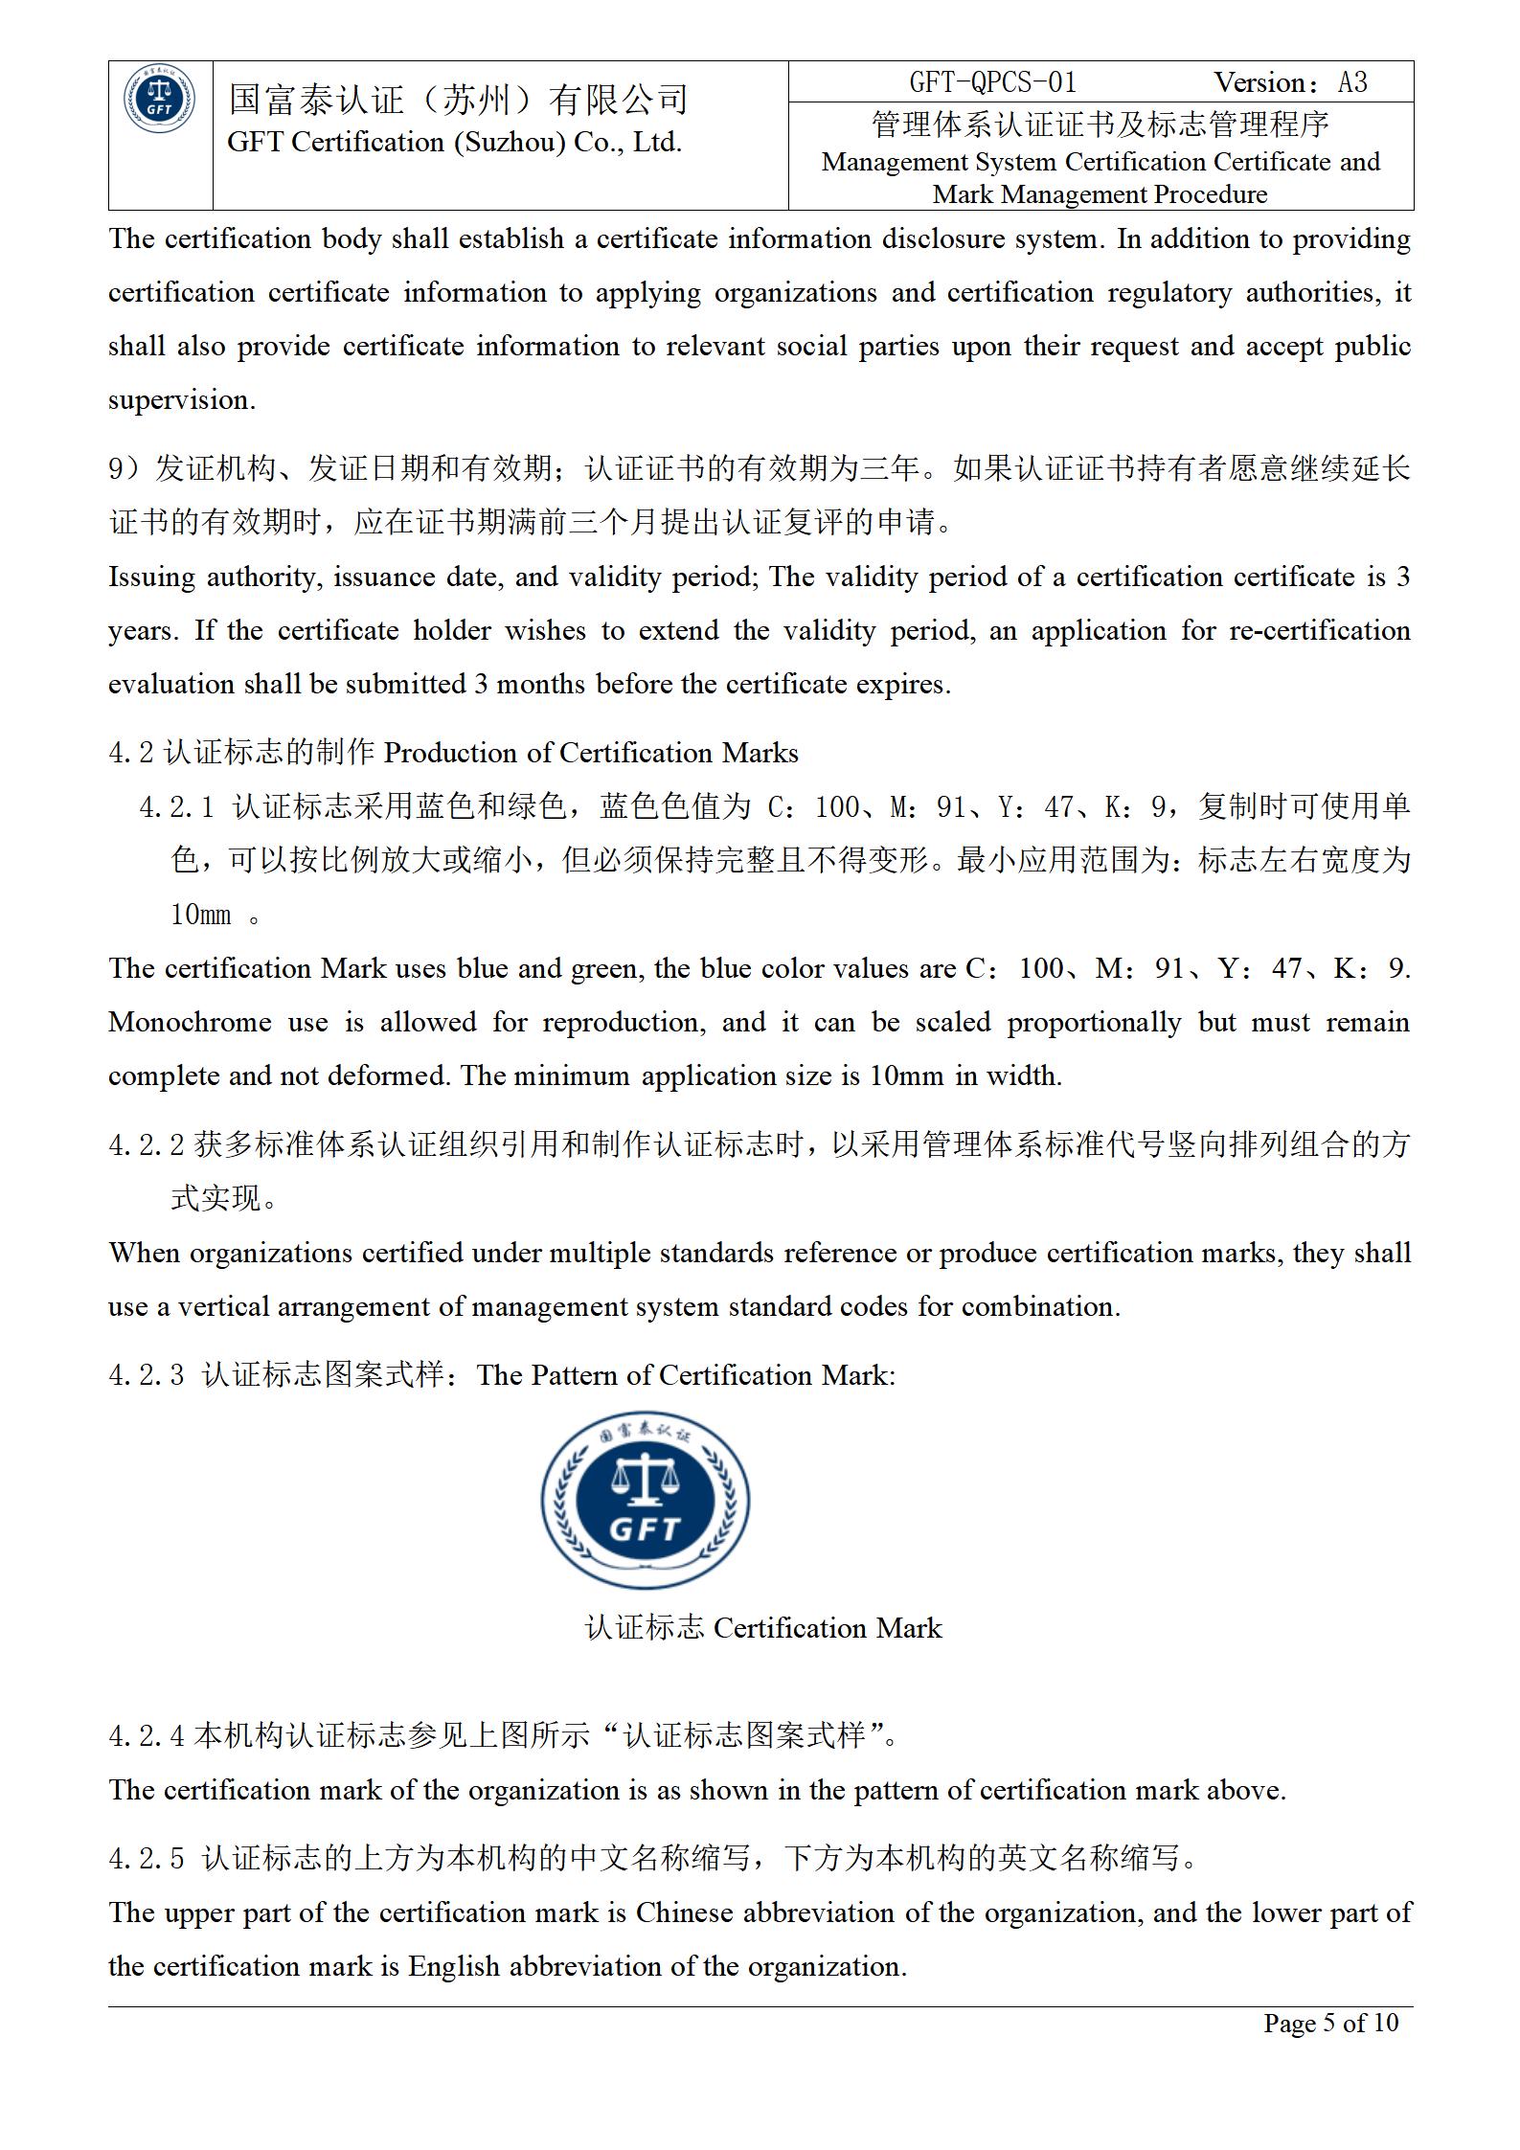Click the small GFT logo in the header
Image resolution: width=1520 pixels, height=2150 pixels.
(x=160, y=100)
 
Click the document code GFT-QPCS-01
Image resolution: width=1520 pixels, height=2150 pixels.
(x=992, y=82)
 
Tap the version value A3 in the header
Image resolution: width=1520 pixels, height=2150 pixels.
(x=1352, y=82)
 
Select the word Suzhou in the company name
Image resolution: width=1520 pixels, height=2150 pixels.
(x=508, y=143)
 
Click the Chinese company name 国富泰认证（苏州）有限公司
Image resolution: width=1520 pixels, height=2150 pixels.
(x=459, y=100)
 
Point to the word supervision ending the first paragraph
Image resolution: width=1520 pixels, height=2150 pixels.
(x=181, y=399)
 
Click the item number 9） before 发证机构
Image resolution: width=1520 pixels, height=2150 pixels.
(x=124, y=468)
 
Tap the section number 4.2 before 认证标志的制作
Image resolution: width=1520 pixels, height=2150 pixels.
(x=130, y=753)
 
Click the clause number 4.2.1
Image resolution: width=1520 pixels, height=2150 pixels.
(x=177, y=807)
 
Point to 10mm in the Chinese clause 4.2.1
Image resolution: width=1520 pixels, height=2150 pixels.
(x=200, y=915)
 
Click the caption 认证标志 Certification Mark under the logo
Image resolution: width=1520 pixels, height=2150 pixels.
(x=762, y=1628)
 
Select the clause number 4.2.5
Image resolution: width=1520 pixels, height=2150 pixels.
(x=146, y=1859)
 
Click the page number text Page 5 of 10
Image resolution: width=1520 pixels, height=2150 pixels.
(x=1330, y=2022)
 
